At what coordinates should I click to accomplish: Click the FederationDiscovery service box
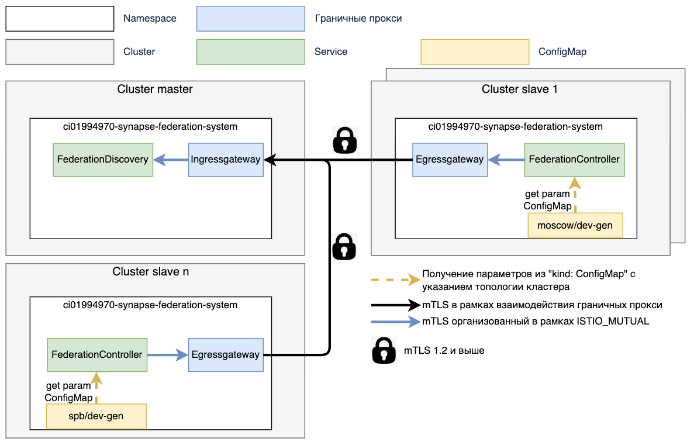tap(102, 159)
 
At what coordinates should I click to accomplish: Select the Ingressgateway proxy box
tap(225, 159)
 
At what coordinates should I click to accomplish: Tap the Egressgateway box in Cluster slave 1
tap(450, 159)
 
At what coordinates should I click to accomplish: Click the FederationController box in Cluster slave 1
tap(574, 159)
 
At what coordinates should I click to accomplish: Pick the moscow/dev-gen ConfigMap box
tap(575, 225)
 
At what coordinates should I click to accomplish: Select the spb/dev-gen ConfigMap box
tap(96, 416)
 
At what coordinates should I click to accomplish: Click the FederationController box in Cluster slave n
tap(97, 354)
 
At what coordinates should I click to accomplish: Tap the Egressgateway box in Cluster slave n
tap(225, 354)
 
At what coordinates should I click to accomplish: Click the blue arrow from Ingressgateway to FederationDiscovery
tap(171, 159)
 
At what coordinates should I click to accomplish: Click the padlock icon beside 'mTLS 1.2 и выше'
tap(384, 351)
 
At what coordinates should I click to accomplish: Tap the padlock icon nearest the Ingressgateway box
tap(345, 140)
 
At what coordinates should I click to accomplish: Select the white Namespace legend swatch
tap(60, 19)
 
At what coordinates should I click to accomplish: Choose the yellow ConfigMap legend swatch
tap(474, 51)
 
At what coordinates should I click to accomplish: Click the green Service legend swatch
tap(251, 51)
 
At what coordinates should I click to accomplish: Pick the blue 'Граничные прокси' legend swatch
tap(251, 19)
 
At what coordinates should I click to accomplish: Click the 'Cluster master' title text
tap(155, 89)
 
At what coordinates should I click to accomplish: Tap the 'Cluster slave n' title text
tap(151, 272)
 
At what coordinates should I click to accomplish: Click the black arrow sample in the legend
tap(395, 305)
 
